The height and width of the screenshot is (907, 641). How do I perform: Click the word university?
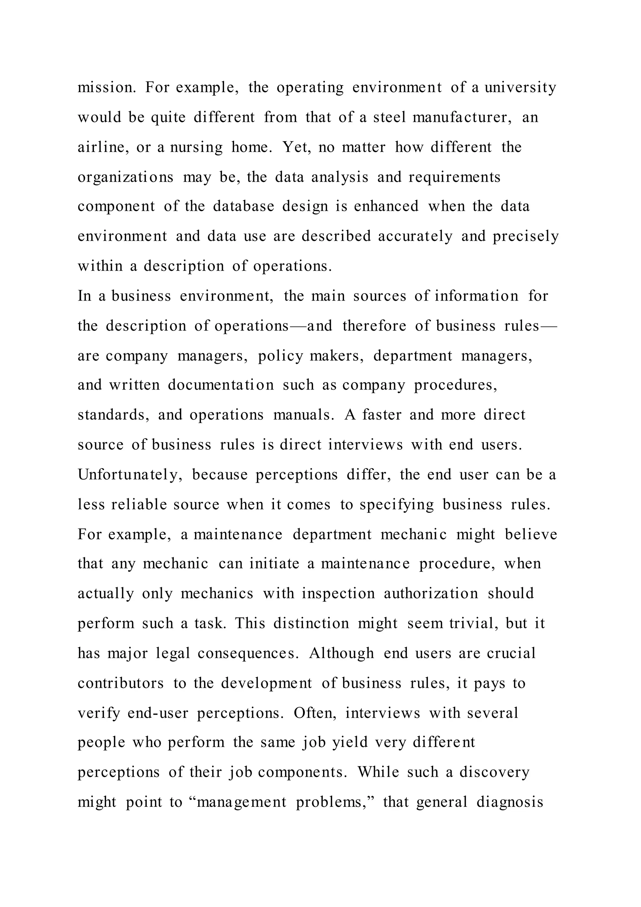pyautogui.click(x=520, y=88)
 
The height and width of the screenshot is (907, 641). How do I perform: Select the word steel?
pyautogui.click(x=389, y=117)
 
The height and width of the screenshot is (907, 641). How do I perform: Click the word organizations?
pyautogui.click(x=126, y=177)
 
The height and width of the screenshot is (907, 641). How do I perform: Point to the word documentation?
pyautogui.click(x=221, y=385)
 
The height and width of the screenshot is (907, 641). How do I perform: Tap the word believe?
pyautogui.click(x=531, y=535)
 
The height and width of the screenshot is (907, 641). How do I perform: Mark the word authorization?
pyautogui.click(x=431, y=594)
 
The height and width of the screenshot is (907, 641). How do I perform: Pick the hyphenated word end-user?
pyautogui.click(x=158, y=713)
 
